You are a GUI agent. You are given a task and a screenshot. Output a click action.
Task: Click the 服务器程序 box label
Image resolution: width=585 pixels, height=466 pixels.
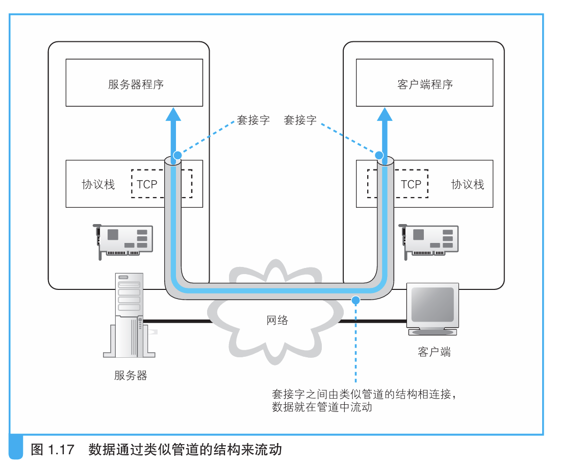pos(136,84)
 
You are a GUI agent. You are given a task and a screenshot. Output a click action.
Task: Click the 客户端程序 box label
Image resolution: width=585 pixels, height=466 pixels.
pos(425,84)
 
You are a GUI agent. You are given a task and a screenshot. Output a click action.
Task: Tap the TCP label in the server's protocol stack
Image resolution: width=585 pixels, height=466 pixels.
pos(147,184)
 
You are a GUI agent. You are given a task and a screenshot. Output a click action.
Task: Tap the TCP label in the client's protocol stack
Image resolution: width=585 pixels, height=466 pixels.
pos(411,184)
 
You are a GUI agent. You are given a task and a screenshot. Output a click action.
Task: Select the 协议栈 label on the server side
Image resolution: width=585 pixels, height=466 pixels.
pos(98,184)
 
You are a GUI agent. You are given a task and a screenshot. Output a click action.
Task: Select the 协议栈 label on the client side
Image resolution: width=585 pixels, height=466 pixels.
pos(467,184)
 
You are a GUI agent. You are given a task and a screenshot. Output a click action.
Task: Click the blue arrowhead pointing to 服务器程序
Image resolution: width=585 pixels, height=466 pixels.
pos(174,114)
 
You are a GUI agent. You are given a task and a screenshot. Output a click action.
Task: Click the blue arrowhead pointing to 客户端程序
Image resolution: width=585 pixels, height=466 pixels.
pos(385,114)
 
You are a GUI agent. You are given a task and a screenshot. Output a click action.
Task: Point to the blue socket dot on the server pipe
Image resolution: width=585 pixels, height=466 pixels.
pos(177,155)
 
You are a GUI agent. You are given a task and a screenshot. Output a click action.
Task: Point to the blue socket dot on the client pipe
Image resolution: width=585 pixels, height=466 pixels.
pos(379,155)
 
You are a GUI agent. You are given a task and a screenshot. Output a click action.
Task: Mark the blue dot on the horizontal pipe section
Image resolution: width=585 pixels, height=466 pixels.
pos(356,299)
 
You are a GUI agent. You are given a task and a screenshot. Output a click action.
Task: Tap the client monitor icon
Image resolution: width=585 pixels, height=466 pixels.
pos(433,309)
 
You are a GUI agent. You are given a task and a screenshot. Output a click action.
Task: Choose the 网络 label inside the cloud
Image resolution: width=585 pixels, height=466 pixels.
pos(277,321)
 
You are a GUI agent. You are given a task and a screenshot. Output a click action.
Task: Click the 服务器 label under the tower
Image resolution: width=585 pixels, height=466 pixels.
pos(131,376)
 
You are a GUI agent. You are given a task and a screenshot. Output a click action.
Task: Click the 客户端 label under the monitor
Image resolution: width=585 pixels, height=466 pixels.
pos(434,352)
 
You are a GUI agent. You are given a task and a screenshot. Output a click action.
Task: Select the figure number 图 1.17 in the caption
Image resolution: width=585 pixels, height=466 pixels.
pos(53,450)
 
